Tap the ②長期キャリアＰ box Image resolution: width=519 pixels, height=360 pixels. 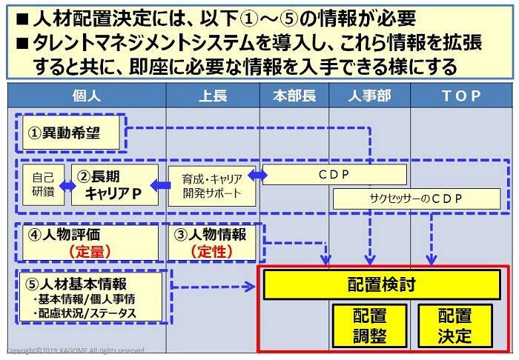pos(115,185)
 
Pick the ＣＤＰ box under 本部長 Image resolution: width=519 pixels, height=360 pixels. pos(334,175)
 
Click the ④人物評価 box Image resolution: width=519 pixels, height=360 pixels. pos(89,241)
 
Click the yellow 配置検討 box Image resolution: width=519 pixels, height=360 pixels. pos(381,284)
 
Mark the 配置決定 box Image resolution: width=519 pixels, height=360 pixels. pos(454,324)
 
